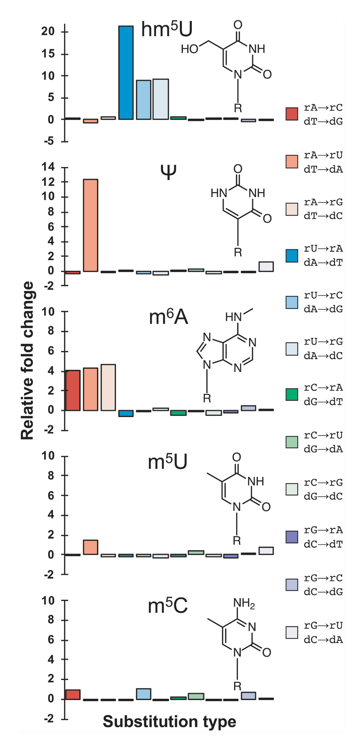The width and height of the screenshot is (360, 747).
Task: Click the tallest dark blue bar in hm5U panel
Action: [x=126, y=73]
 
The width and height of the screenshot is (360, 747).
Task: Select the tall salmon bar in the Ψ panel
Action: [x=90, y=225]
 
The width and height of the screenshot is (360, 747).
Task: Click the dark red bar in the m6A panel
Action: [x=73, y=390]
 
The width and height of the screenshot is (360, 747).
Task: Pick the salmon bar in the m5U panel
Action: [x=90, y=547]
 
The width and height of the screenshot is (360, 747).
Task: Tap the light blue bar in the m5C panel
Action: [x=143, y=694]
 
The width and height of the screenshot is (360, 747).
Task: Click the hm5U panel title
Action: [x=166, y=29]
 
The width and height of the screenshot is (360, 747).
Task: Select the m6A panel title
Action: [x=168, y=317]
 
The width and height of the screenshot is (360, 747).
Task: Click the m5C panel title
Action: [x=168, y=606]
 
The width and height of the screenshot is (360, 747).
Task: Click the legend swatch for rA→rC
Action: [x=292, y=114]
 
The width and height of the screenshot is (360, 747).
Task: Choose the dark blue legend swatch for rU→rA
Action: [x=292, y=256]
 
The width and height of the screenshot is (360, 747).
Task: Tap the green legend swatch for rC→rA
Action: [x=292, y=394]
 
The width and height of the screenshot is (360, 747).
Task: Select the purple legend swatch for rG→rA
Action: [x=292, y=537]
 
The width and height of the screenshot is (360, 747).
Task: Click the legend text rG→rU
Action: [x=323, y=625]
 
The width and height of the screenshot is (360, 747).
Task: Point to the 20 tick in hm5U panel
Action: [x=48, y=31]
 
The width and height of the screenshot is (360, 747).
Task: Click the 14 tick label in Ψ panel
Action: [x=48, y=167]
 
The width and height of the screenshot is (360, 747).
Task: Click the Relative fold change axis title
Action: [x=27, y=360]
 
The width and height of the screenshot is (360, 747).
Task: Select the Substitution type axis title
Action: [x=169, y=721]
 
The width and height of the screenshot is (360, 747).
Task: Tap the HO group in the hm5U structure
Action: [x=189, y=49]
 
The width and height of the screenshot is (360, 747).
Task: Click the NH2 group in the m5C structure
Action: [x=244, y=603]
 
